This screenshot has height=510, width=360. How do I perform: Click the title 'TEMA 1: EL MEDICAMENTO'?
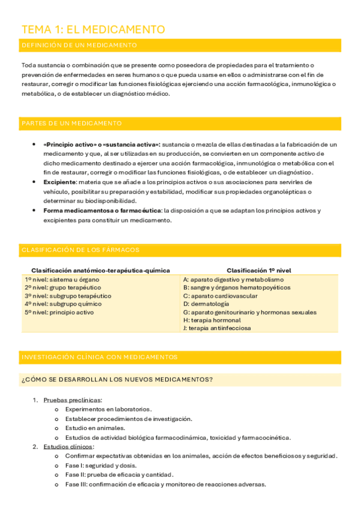(93, 29)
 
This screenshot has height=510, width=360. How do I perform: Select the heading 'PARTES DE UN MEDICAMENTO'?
(72, 123)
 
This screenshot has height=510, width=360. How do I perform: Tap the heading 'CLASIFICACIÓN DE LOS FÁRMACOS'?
(81, 250)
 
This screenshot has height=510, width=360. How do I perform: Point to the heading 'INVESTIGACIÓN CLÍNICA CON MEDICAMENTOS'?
(99, 357)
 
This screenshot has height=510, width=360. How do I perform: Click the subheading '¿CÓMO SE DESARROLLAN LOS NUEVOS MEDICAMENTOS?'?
(117, 379)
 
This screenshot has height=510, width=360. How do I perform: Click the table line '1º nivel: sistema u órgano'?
(62, 280)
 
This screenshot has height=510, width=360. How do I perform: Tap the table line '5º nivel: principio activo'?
(59, 312)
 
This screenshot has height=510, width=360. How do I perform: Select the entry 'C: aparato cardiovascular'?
(220, 296)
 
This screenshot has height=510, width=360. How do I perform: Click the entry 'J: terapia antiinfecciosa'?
(217, 328)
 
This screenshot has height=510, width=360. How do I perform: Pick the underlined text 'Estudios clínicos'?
(68, 447)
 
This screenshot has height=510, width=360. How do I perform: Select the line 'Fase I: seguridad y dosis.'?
(101, 465)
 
